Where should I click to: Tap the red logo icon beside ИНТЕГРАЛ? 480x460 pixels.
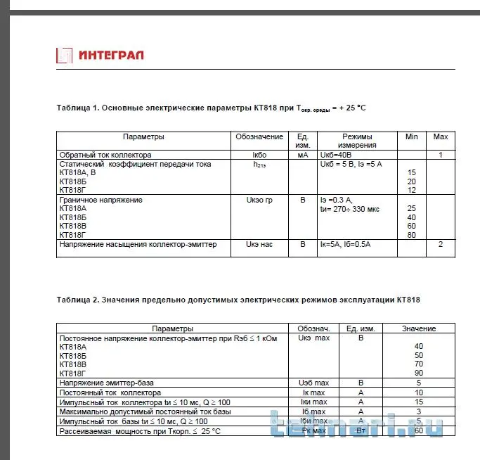coord(64,55)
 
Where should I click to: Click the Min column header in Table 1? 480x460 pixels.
coord(411,136)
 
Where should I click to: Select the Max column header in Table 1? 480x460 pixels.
coord(441,136)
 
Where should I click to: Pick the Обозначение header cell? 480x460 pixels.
coord(259,136)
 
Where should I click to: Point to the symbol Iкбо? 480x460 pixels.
coord(260,155)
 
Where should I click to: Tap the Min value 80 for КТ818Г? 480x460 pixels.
coord(412,235)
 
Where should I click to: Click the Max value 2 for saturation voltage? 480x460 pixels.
coord(441,245)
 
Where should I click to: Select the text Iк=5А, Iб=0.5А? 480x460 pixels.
coord(345,245)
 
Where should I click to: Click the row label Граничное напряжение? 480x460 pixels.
coord(101,200)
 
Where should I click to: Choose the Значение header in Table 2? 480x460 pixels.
coord(418,328)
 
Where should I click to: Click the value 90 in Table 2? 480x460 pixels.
coord(419,373)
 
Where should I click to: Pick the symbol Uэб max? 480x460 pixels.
coord(313,383)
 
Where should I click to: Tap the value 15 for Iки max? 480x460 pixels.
coord(419,401)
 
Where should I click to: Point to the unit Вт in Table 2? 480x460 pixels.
coord(361,430)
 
